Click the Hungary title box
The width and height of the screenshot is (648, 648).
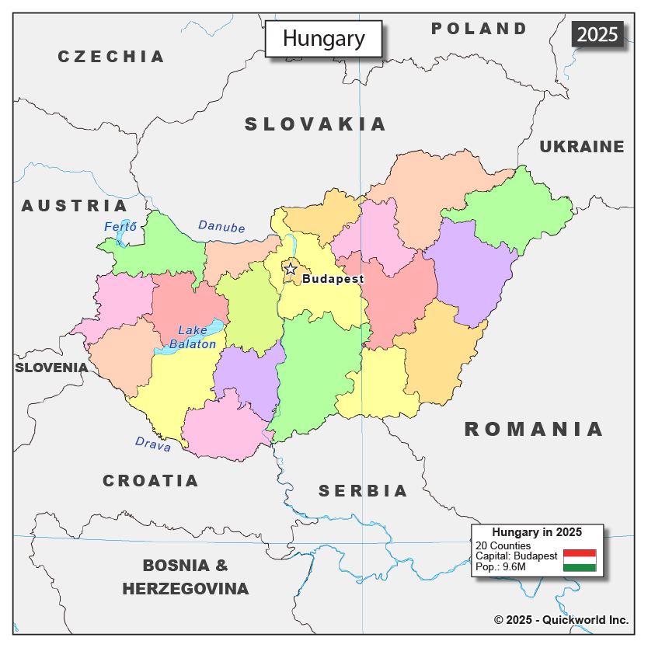coord(323,39)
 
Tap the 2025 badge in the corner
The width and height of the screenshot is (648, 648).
coord(597,34)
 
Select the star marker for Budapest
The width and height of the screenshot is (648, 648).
coord(290,269)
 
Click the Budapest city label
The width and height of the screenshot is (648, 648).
coord(333,279)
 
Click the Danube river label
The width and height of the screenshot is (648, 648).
coord(221,227)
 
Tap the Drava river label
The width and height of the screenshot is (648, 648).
coord(153,443)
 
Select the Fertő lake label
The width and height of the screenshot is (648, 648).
coord(120,227)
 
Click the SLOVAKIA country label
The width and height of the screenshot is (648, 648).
coord(315,124)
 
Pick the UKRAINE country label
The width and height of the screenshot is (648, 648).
coord(582,147)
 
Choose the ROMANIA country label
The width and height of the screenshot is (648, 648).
coord(534,429)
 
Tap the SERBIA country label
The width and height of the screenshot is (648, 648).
coord(363,491)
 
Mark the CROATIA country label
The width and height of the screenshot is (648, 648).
coord(151,481)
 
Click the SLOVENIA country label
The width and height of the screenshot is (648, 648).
coord(51,368)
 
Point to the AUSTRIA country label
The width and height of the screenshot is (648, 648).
coord(74,206)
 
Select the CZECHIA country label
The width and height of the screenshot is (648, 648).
coord(111,57)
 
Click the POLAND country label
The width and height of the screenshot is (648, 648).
coord(479,29)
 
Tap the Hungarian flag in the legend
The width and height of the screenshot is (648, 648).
coord(579,560)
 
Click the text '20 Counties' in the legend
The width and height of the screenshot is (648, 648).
coord(503,545)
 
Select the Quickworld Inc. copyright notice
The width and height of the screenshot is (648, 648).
coord(561,620)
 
